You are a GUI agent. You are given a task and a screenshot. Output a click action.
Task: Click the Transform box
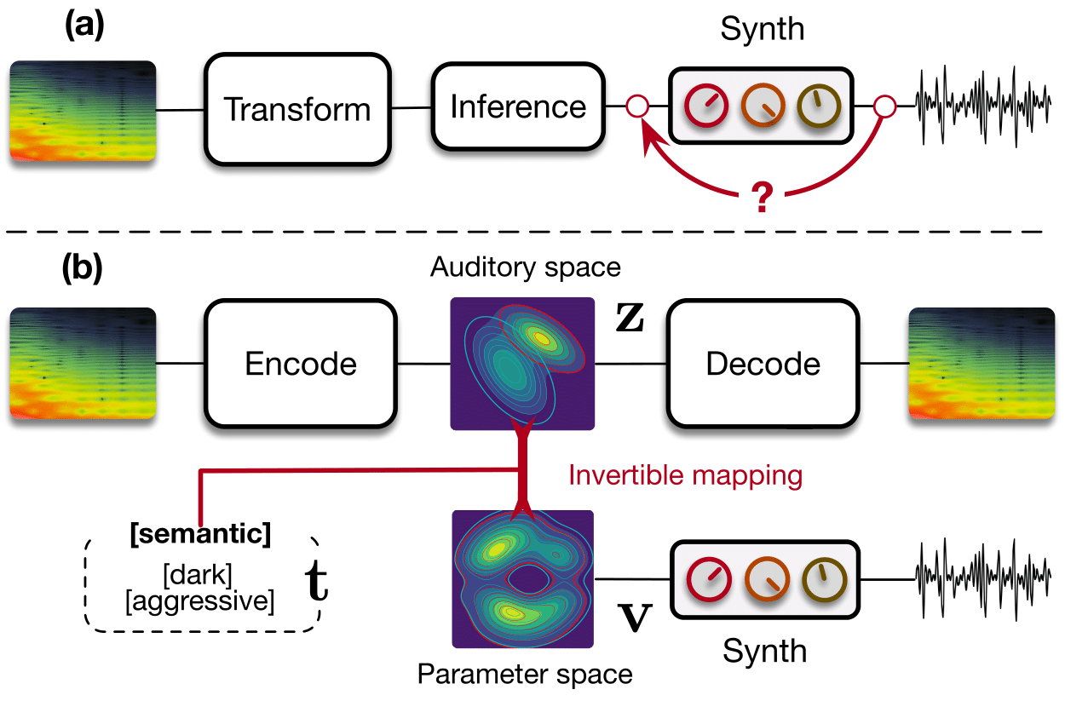[x=296, y=110]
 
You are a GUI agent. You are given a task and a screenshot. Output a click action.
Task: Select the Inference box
[x=518, y=106]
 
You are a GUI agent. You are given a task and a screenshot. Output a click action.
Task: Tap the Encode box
[x=301, y=364]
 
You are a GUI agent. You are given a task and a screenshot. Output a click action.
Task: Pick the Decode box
[x=763, y=364]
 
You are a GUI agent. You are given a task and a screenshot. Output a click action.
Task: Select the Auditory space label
[x=525, y=267]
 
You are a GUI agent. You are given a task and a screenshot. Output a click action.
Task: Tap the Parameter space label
[x=525, y=675]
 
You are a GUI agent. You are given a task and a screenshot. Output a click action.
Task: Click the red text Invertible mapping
[x=686, y=475]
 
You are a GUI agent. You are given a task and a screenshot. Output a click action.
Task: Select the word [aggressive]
[x=200, y=601]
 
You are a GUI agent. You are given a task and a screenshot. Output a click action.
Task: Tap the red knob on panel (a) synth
[x=706, y=106]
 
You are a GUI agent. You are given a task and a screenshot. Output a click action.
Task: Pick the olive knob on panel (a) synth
[x=818, y=106]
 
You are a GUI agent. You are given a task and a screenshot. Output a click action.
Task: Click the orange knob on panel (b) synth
[x=763, y=579]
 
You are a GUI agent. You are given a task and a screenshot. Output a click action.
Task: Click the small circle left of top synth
[x=637, y=107]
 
